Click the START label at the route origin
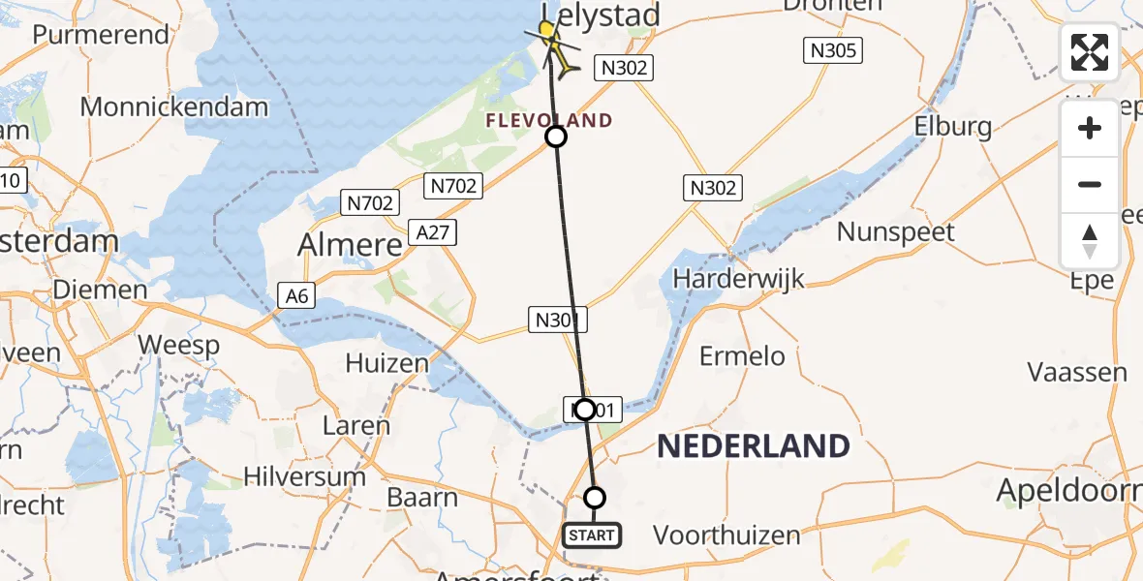[x=591, y=535]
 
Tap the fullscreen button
[x=1090, y=52]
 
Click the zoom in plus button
[x=1090, y=129]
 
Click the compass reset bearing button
[x=1090, y=241]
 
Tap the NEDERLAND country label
[x=754, y=446]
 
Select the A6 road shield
[x=297, y=295]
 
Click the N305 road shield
[x=833, y=50]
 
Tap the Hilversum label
[x=304, y=476]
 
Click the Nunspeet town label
[x=896, y=231]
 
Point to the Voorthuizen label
[x=726, y=535]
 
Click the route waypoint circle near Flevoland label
[x=556, y=137]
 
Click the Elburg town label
[x=955, y=126]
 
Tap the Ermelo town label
[x=744, y=355]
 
